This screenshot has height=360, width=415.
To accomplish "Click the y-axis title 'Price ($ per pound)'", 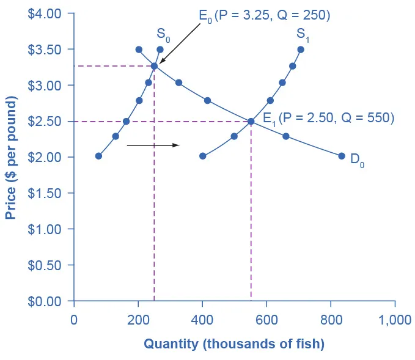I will [x=11, y=157].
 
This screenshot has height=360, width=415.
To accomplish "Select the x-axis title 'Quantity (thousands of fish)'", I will [x=234, y=344].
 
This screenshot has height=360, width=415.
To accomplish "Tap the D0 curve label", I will [x=358, y=162].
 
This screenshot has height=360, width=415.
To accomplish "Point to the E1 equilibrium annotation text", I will [x=328, y=117].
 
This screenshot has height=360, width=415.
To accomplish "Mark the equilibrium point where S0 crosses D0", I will [x=154, y=66].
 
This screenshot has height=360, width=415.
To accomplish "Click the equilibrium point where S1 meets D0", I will [x=251, y=122].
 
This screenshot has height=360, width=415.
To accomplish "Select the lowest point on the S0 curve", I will [x=98, y=156].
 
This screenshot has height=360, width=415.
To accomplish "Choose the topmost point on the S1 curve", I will [x=301, y=50].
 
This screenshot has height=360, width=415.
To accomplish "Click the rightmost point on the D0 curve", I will [x=342, y=156].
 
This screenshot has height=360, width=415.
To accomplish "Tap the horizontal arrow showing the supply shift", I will [x=153, y=145].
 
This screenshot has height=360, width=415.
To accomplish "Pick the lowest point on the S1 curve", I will [x=203, y=156].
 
